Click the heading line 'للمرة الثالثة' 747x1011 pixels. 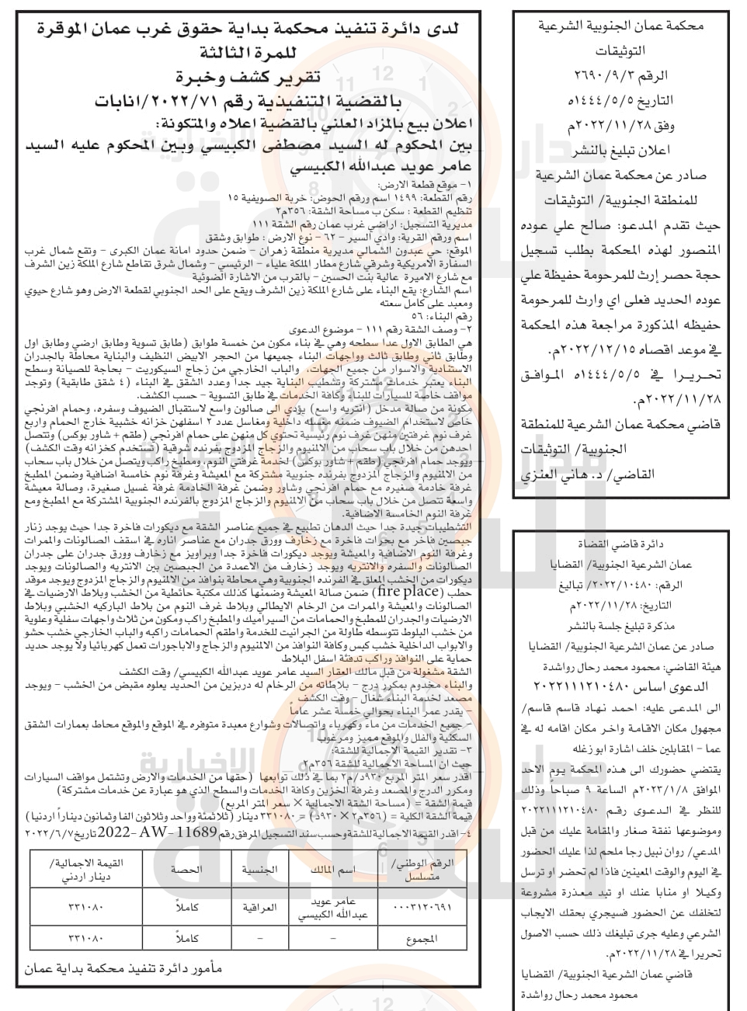click(x=248, y=53)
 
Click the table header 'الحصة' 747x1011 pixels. click(x=186, y=870)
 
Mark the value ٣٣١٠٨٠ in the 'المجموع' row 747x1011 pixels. click(x=80, y=939)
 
